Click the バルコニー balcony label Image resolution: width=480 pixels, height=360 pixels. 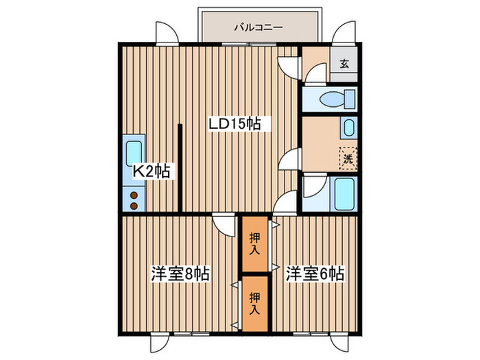259,28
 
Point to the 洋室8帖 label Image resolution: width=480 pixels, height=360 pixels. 180,274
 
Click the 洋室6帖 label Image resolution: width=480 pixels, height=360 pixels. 315,274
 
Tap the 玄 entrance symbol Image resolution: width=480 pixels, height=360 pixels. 344,65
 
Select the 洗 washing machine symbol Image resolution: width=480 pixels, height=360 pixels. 348,158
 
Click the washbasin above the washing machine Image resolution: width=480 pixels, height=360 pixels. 348,128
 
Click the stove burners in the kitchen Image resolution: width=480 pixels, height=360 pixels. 134,199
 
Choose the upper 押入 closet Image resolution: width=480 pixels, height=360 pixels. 254,245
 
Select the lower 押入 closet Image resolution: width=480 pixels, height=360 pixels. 254,302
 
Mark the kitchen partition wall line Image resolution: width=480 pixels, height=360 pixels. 180,167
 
